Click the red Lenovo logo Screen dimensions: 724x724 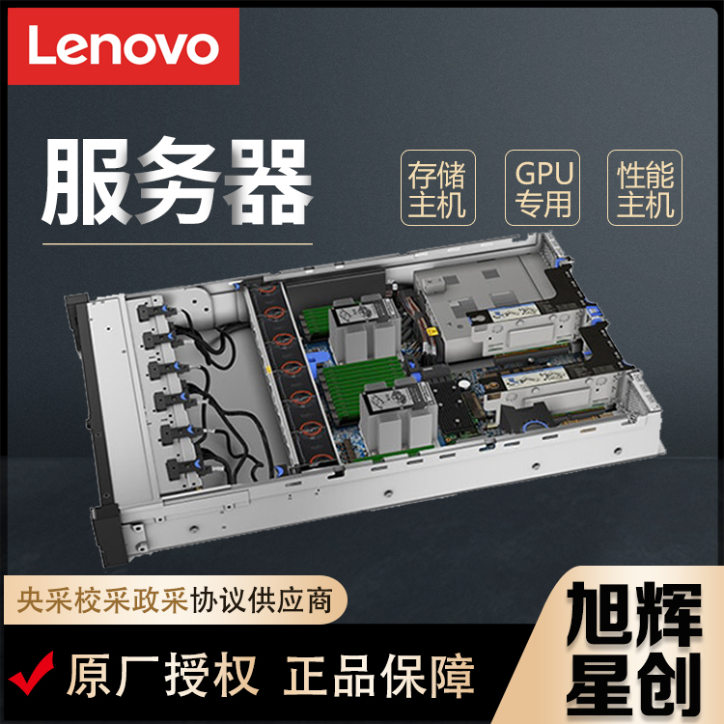124,46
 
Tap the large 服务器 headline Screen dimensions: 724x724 178,181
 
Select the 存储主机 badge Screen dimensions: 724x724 437,188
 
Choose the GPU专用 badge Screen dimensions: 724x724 543,188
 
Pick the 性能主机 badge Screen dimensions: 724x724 645,188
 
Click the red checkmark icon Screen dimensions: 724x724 32,674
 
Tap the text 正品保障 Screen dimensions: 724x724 379,675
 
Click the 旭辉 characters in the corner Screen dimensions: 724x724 634,614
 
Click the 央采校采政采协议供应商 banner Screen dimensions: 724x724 176,599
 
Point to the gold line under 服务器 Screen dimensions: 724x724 178,243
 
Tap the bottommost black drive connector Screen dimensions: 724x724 183,467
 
